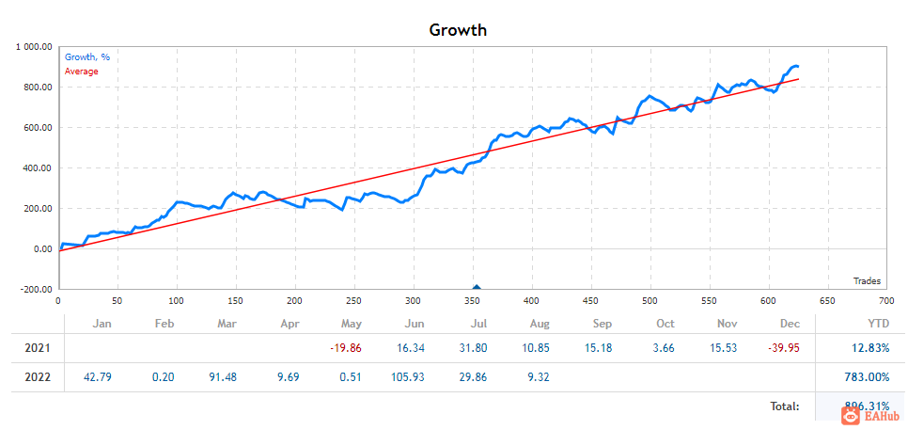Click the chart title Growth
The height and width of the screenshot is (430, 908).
pyautogui.click(x=458, y=29)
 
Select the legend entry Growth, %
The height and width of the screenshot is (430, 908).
pyautogui.click(x=86, y=57)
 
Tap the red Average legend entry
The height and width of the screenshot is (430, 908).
pyautogui.click(x=81, y=72)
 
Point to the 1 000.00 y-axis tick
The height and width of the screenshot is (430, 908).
pyautogui.click(x=34, y=46)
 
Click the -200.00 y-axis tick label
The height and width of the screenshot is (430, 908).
pyautogui.click(x=34, y=290)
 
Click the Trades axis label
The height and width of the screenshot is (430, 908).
pyautogui.click(x=867, y=280)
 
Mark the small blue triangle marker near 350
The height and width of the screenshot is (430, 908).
pyautogui.click(x=477, y=288)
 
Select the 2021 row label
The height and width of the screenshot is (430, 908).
pyautogui.click(x=36, y=348)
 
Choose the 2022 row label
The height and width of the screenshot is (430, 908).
pyautogui.click(x=36, y=377)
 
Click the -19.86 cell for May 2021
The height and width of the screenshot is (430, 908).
pyautogui.click(x=346, y=348)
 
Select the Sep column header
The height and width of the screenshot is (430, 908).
pyautogui.click(x=602, y=324)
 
